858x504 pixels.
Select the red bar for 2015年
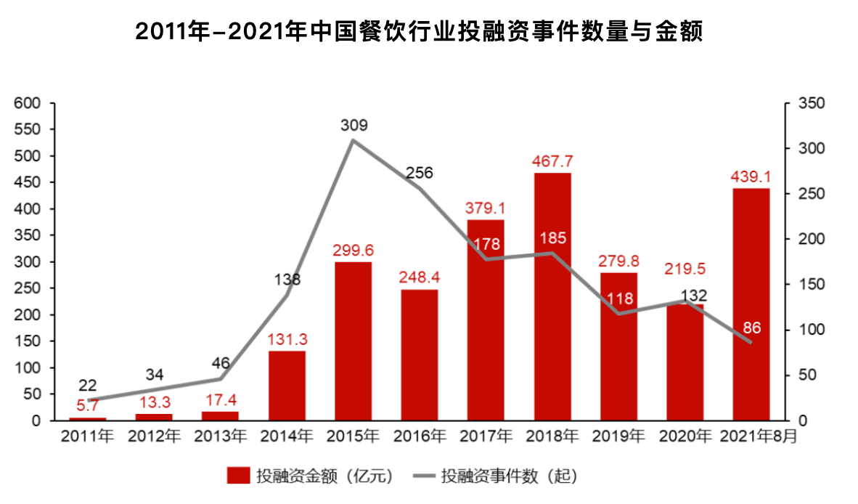click(353, 341)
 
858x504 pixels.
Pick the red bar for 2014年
click(287, 386)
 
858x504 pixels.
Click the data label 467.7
click(552, 160)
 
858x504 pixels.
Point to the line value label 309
click(354, 125)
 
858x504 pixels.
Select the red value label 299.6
click(353, 250)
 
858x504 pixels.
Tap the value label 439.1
click(751, 176)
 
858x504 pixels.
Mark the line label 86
click(751, 328)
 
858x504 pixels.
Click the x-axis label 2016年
click(420, 437)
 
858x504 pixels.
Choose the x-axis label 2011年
click(88, 437)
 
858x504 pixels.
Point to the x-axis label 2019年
click(618, 437)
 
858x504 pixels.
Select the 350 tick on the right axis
click(811, 103)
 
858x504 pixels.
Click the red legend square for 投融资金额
click(237, 476)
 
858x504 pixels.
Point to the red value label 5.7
click(88, 406)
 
